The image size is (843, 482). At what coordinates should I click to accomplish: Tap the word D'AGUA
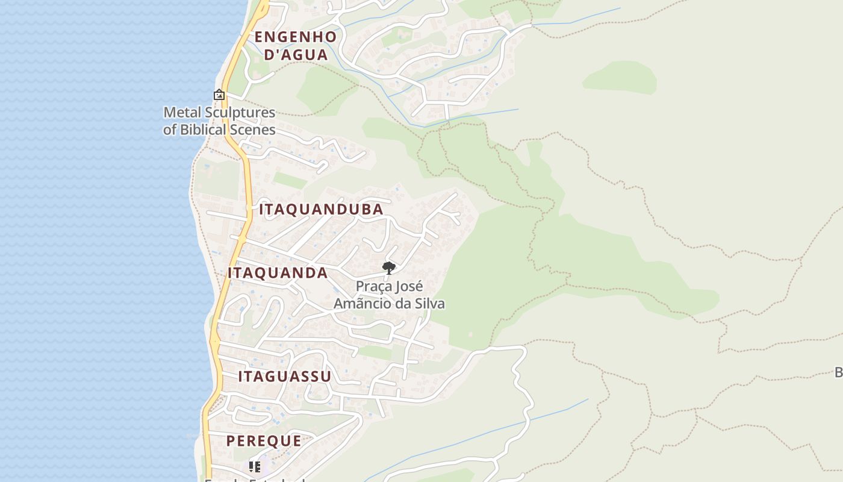click(296, 55)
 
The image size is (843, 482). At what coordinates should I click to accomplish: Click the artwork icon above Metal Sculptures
click(219, 95)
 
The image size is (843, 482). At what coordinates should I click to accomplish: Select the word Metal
click(182, 113)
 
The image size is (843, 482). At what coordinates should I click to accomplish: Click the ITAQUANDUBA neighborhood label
click(321, 210)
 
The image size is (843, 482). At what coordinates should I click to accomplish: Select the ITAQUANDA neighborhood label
click(278, 273)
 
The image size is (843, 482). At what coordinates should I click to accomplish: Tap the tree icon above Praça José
click(389, 268)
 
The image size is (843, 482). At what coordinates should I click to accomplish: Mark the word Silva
click(429, 303)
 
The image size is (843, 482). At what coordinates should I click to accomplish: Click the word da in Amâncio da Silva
click(400, 303)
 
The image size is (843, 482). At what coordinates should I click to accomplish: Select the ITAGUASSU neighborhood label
click(285, 377)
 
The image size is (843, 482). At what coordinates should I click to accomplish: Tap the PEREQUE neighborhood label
click(264, 441)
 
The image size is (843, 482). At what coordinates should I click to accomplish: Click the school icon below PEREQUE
click(255, 466)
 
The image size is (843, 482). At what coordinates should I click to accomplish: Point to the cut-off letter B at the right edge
click(838, 372)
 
